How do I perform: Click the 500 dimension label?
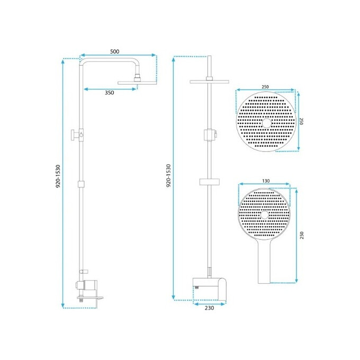[114, 51]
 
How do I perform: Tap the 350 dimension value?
[109, 93]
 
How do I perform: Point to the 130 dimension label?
[266, 181]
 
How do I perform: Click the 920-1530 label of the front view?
[168, 176]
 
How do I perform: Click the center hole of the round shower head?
[265, 123]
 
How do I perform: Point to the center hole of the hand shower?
[265, 216]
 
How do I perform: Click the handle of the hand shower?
[265, 265]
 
